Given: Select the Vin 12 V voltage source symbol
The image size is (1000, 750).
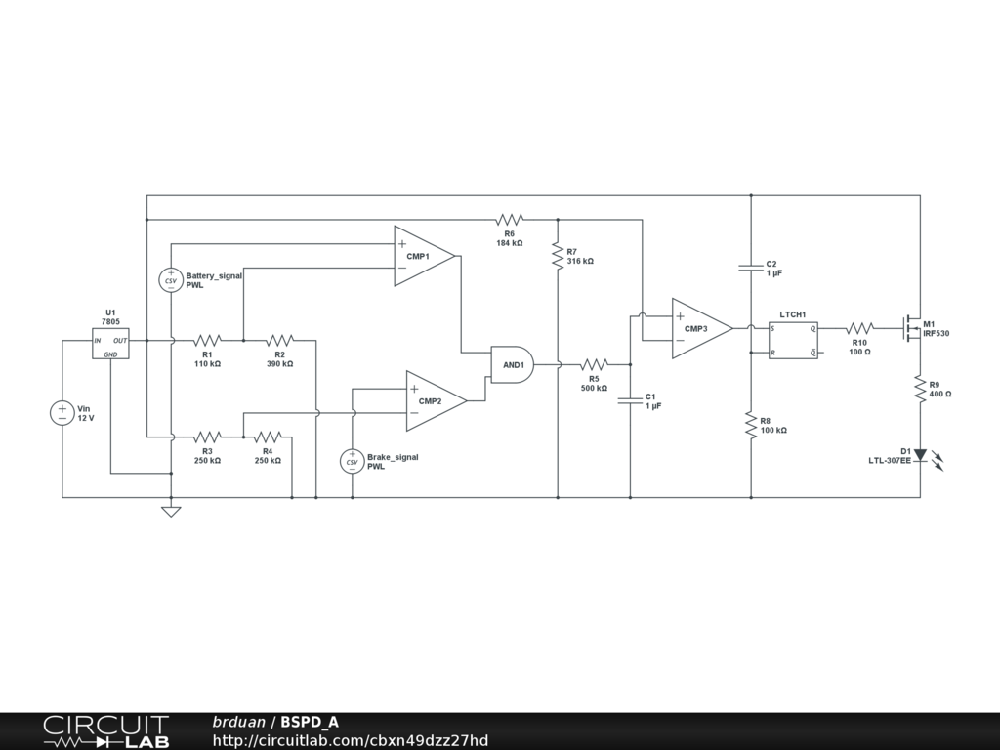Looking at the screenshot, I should tap(62, 413).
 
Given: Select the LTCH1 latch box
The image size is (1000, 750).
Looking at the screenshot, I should tap(793, 340).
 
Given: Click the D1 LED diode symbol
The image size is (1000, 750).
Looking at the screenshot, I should tap(920, 454).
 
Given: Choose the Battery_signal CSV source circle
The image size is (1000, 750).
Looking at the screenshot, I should tap(171, 280).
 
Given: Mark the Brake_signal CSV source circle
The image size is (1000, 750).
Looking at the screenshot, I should tap(353, 461).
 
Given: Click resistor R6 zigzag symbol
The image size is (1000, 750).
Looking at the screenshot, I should tap(510, 219).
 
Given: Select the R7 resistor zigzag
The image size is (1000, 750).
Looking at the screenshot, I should tap(558, 256).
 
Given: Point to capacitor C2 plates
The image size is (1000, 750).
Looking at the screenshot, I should tap(751, 268).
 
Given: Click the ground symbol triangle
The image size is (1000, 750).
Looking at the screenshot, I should tap(171, 510).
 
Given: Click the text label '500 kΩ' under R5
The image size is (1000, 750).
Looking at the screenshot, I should tap(594, 388).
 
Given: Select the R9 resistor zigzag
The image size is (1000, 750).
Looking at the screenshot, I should tap(920, 389).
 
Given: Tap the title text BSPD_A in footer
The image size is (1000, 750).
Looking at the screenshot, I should tap(310, 723).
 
